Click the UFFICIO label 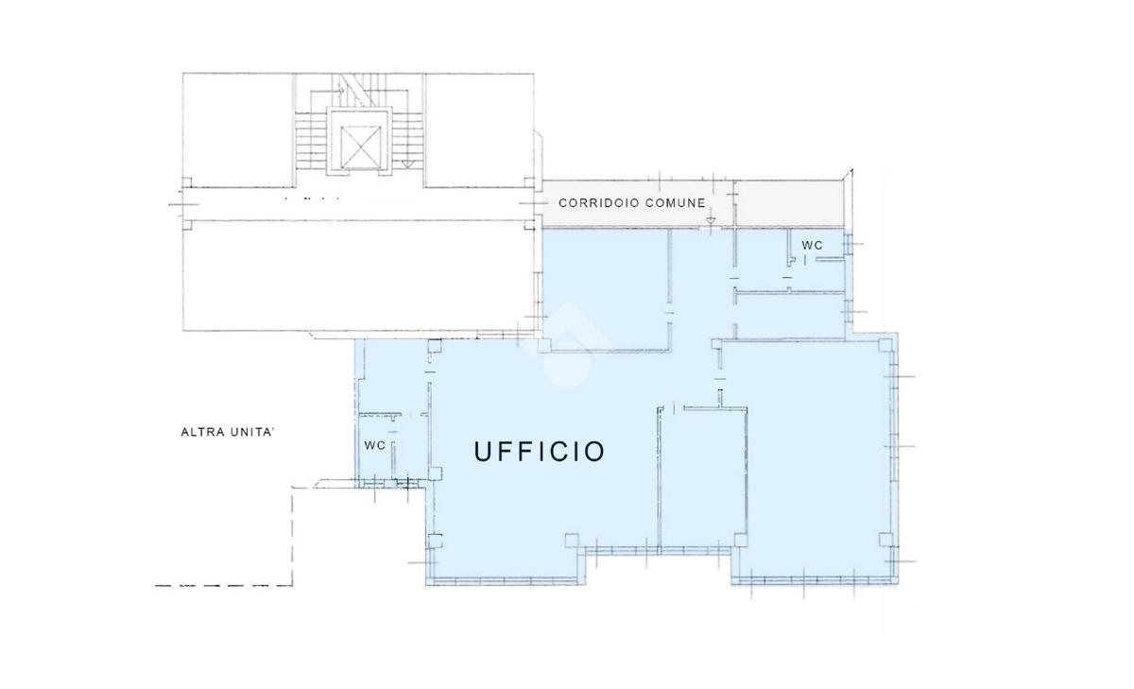(540, 451)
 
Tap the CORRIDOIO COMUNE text (632, 203)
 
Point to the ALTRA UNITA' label (228, 432)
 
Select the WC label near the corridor (812, 246)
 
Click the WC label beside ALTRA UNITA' (374, 445)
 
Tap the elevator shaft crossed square (360, 147)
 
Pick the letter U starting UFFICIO (483, 451)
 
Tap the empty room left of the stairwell (238, 130)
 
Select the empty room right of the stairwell (479, 130)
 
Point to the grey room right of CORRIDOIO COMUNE (789, 203)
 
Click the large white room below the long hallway (358, 276)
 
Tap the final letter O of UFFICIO (596, 451)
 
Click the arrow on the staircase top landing (338, 91)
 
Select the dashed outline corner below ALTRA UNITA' (293, 585)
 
